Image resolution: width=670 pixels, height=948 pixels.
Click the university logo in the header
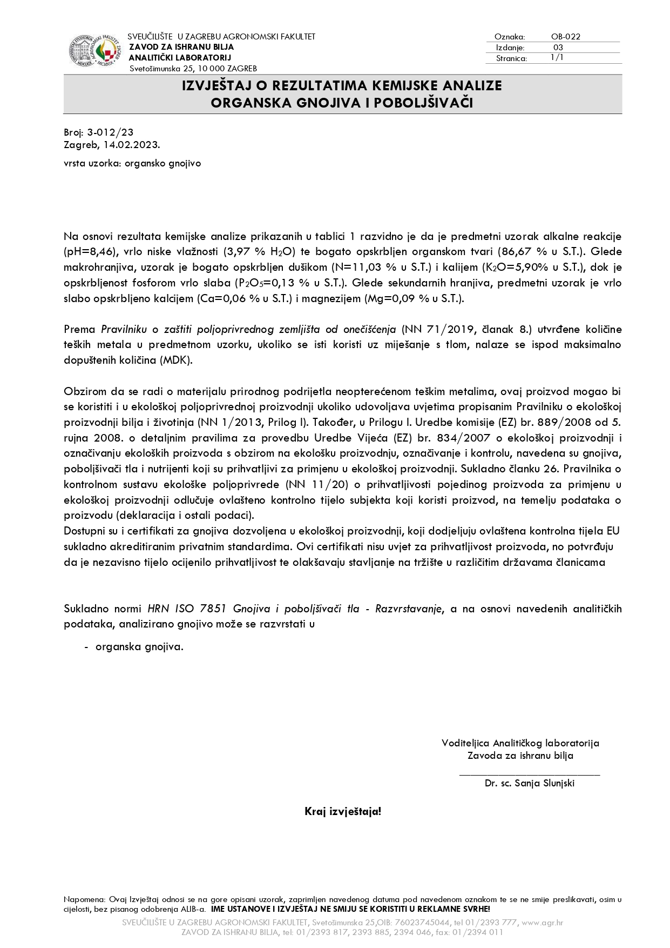coord(95,51)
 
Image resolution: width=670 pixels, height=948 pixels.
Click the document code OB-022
coord(565,37)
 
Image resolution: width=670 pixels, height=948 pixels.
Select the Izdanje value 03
coord(558,48)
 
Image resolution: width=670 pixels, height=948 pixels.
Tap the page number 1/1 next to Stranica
coord(557,58)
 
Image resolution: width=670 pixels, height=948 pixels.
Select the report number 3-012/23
coord(110,132)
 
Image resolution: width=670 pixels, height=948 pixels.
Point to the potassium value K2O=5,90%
coord(517,268)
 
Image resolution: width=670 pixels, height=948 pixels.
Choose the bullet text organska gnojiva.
coord(139,647)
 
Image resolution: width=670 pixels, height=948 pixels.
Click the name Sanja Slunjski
coord(545,783)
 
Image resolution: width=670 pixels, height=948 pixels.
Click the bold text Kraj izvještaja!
coord(343,811)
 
